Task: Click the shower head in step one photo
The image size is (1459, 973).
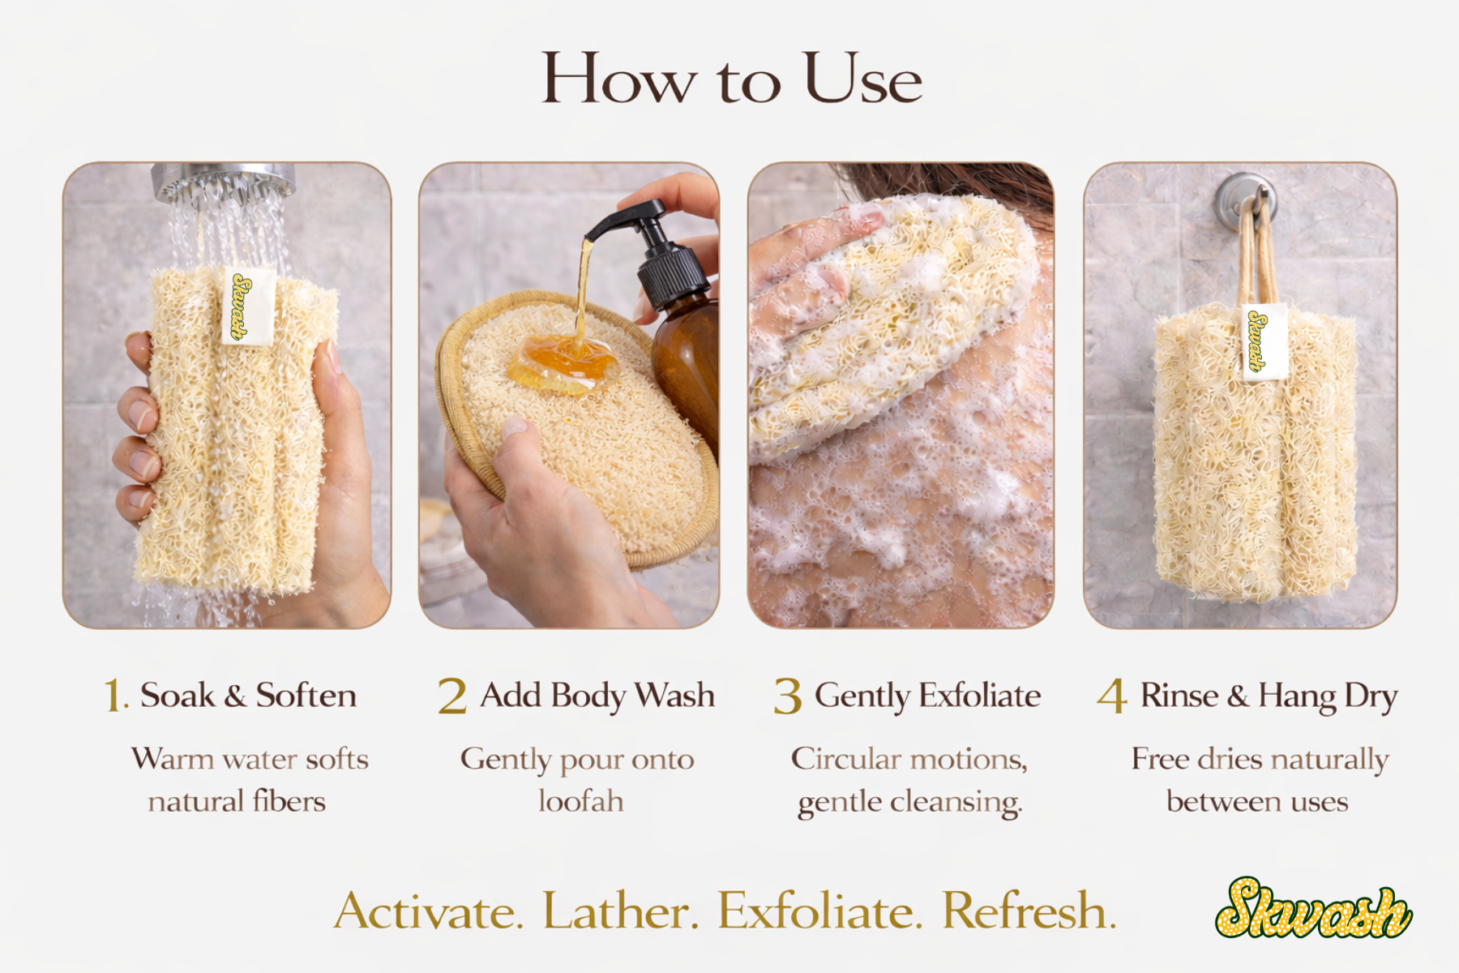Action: point(223,181)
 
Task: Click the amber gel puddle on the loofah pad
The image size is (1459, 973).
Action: point(563,364)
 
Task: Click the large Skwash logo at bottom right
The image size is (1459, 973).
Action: point(1312,909)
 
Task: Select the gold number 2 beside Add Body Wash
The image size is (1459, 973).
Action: point(451,697)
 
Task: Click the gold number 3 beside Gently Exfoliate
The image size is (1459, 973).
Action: point(786,697)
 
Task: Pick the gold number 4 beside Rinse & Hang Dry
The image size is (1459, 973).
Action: point(1112,696)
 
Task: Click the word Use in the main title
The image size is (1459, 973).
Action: point(862,79)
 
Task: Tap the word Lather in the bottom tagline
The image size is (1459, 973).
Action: point(619,911)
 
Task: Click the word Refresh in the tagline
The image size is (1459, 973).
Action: point(1028,911)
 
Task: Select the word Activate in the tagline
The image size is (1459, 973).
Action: point(427,911)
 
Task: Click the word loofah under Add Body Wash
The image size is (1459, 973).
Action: point(580,801)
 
